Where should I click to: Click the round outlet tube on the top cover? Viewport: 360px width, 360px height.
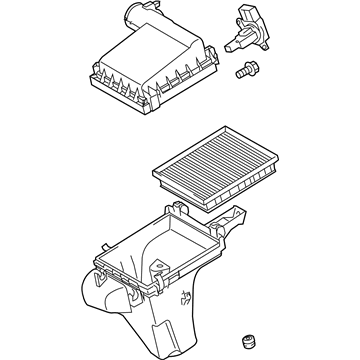pyautogui.click(x=133, y=17)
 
